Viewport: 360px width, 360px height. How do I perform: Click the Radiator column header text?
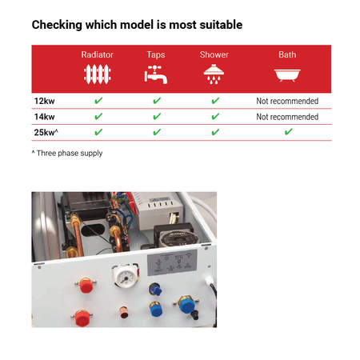97,54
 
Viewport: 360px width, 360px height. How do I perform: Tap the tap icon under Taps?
156,74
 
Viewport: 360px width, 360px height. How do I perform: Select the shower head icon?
214,74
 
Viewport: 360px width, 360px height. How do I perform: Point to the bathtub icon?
287,75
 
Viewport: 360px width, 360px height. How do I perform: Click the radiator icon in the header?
98,74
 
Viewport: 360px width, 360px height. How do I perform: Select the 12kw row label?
44,101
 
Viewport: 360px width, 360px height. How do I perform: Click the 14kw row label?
44,117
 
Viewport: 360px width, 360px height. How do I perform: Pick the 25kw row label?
46,132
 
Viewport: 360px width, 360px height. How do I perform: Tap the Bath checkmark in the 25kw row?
288,132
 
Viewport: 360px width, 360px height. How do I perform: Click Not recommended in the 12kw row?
287,101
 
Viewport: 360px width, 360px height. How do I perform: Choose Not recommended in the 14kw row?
287,117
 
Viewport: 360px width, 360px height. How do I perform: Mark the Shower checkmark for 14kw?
215,116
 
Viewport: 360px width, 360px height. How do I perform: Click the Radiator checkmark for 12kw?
98,101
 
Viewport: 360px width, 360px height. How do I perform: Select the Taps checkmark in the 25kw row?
157,132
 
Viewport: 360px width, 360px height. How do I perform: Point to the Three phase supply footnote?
67,153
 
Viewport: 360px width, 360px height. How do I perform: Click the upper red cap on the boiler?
86,286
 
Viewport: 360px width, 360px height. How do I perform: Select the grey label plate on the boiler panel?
172,262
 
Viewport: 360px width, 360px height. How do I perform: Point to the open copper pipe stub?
123,313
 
